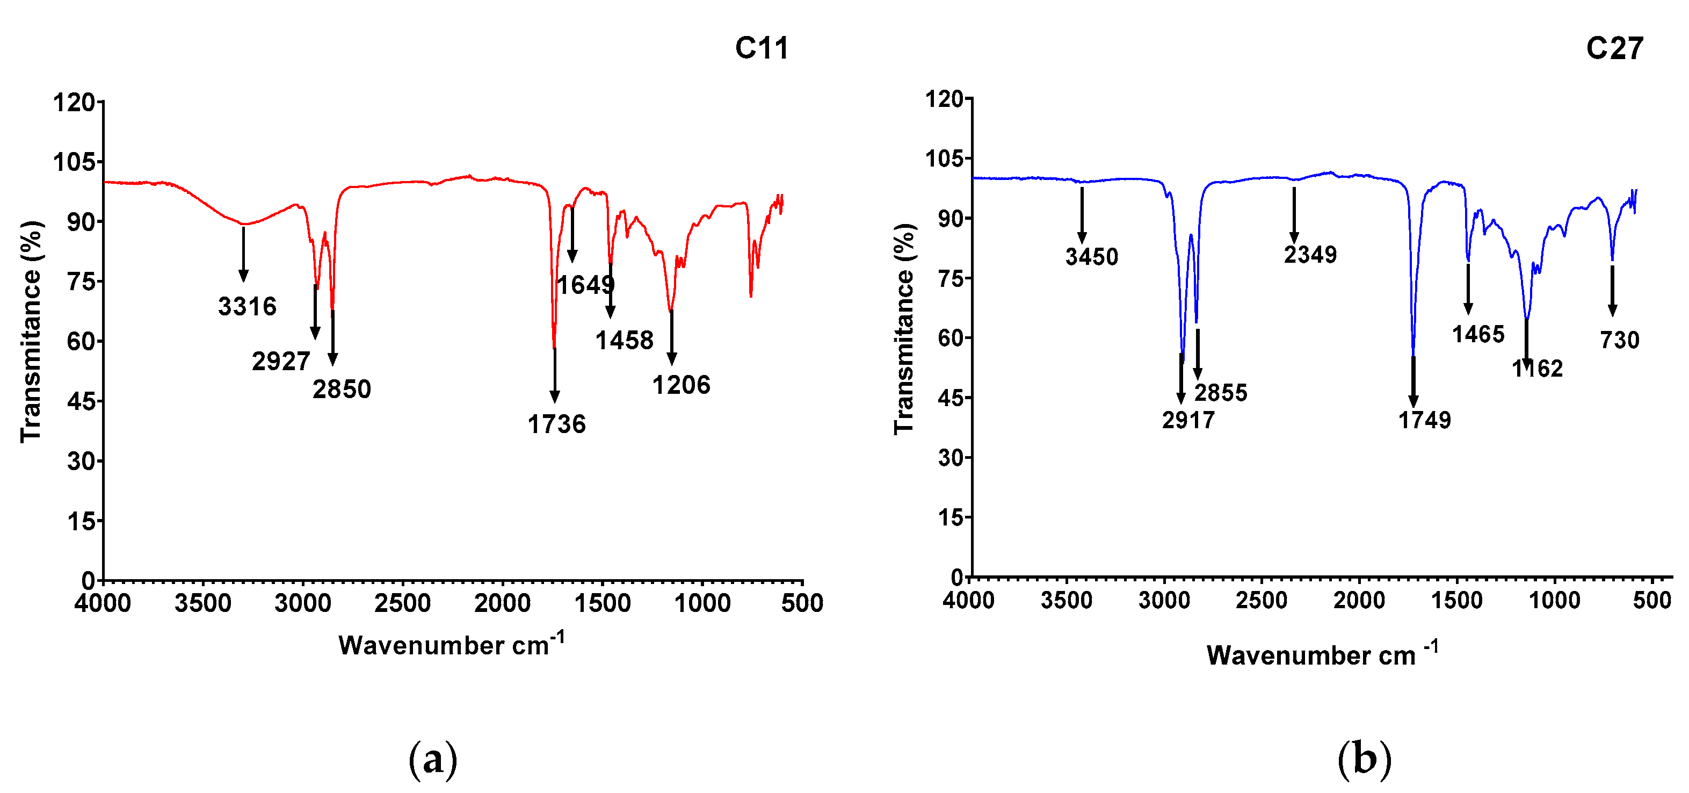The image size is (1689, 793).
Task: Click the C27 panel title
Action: pyautogui.click(x=1614, y=48)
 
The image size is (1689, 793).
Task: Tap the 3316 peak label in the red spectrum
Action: pyautogui.click(x=247, y=306)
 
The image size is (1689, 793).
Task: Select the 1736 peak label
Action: pyautogui.click(x=557, y=424)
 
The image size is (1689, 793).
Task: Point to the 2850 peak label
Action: pyautogui.click(x=342, y=390)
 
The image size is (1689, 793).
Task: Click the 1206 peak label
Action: pyautogui.click(x=681, y=385)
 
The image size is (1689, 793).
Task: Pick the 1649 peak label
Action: pyautogui.click(x=585, y=285)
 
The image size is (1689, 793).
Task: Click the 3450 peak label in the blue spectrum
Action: pyautogui.click(x=1092, y=256)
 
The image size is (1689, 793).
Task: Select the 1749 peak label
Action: pyautogui.click(x=1425, y=420)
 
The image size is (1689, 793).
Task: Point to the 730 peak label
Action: pyautogui.click(x=1620, y=340)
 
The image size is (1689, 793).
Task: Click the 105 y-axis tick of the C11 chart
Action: pyautogui.click(x=74, y=161)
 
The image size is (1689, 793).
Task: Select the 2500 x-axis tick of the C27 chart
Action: pyautogui.click(x=1261, y=600)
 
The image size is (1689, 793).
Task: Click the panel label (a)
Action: pyautogui.click(x=432, y=760)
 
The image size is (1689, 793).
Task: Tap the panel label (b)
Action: pyautogui.click(x=1364, y=760)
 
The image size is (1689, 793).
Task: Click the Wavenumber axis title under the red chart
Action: pyautogui.click(x=451, y=644)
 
